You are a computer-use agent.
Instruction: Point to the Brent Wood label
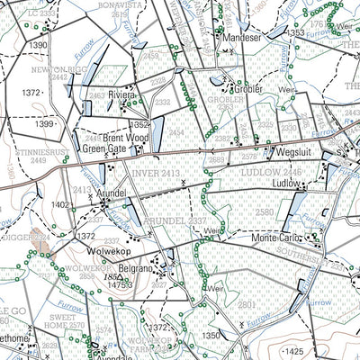pyautogui.click(x=125, y=139)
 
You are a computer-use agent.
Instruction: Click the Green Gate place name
pyautogui.click(x=105, y=149)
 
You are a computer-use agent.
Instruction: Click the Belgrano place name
pyautogui.click(x=138, y=268)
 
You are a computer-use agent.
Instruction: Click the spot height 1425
pyautogui.click(x=292, y=350)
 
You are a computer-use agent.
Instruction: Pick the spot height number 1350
pyautogui.click(x=211, y=335)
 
